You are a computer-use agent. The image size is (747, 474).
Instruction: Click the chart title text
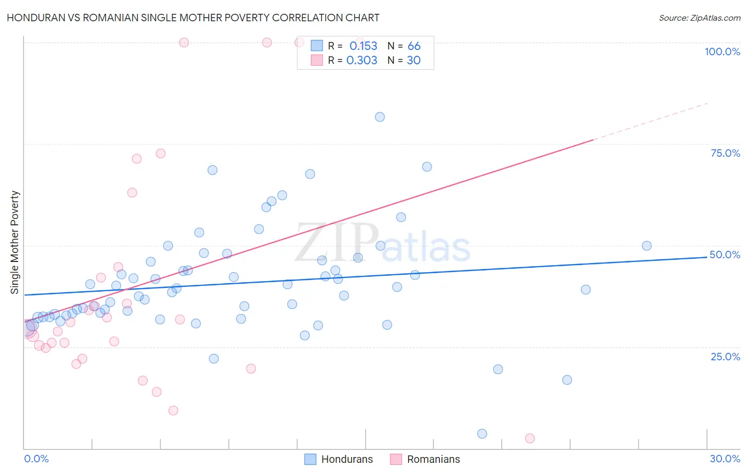pos(193,18)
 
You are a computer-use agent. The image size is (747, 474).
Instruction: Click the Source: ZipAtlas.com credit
pos(699,18)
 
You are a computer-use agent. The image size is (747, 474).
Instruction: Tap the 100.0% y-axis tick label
pos(722,52)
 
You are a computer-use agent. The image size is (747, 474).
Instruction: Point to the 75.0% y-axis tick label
pos(725,153)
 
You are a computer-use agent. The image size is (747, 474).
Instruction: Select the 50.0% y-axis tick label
pos(725,255)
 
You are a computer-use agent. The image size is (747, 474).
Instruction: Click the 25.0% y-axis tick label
pos(725,357)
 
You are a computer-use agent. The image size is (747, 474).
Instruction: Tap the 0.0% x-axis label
pos(36,459)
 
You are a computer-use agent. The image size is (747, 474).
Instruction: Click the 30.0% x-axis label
pos(725,459)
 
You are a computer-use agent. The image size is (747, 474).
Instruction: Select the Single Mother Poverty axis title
pos(15,242)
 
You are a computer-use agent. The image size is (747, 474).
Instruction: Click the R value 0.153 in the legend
pos(363,46)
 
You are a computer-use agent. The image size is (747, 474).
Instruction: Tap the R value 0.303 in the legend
pos(362,61)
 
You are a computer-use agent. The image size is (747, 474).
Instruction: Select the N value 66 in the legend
pos(414,46)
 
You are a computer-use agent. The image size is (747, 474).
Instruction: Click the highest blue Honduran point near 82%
pos(380,117)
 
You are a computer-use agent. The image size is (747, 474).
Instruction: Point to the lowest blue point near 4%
pos(482,434)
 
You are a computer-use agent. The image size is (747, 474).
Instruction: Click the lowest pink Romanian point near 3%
pos(530,438)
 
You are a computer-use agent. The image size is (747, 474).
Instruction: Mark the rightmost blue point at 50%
pos(647,246)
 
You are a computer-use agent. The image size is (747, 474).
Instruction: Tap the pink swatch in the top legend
pos(317,60)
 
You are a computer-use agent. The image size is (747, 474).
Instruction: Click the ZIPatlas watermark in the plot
pos(383,243)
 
